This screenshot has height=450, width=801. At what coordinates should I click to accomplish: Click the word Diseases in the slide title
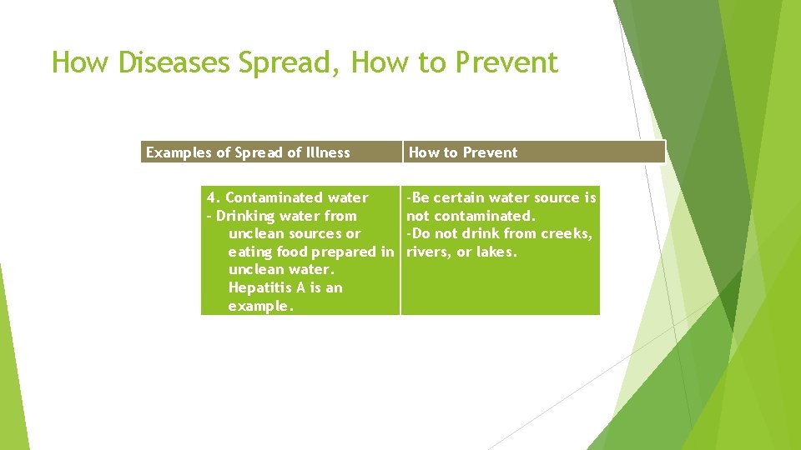click(x=174, y=62)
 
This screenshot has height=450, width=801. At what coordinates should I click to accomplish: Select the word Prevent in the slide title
click(x=503, y=62)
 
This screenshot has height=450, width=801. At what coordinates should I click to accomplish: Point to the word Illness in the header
click(x=328, y=152)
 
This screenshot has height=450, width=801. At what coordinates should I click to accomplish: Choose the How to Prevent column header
click(x=463, y=152)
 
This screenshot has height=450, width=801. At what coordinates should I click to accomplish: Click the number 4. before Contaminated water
click(x=214, y=198)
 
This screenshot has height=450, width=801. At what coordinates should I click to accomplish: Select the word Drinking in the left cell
click(x=245, y=216)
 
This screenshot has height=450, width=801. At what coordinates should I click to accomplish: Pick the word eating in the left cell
click(x=249, y=252)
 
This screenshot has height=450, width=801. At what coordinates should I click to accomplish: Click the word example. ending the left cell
click(x=261, y=307)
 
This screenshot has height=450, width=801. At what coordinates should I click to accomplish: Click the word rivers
click(x=427, y=252)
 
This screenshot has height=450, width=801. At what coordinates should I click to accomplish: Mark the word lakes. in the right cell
click(x=496, y=252)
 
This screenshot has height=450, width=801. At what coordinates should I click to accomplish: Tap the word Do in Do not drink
click(x=420, y=234)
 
